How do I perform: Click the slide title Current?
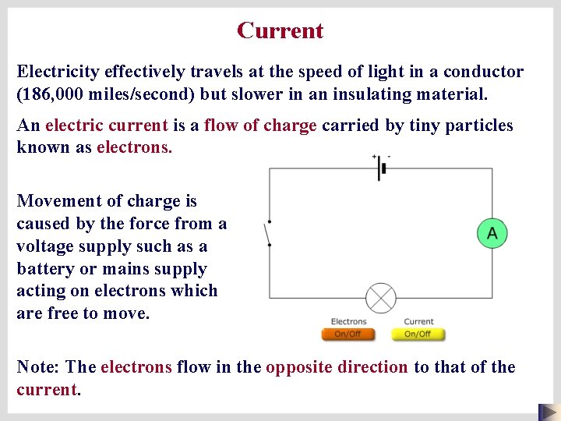(x=280, y=30)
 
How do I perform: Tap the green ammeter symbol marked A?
(x=492, y=233)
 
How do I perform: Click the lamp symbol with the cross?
(x=381, y=298)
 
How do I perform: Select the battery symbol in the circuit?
(x=382, y=168)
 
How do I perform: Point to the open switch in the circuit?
(x=269, y=233)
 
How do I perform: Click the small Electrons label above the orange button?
(x=348, y=321)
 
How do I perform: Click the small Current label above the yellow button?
(x=418, y=321)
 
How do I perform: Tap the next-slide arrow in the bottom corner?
(x=549, y=412)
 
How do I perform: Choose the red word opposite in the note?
(x=337, y=367)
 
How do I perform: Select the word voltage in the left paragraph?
(x=47, y=246)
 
